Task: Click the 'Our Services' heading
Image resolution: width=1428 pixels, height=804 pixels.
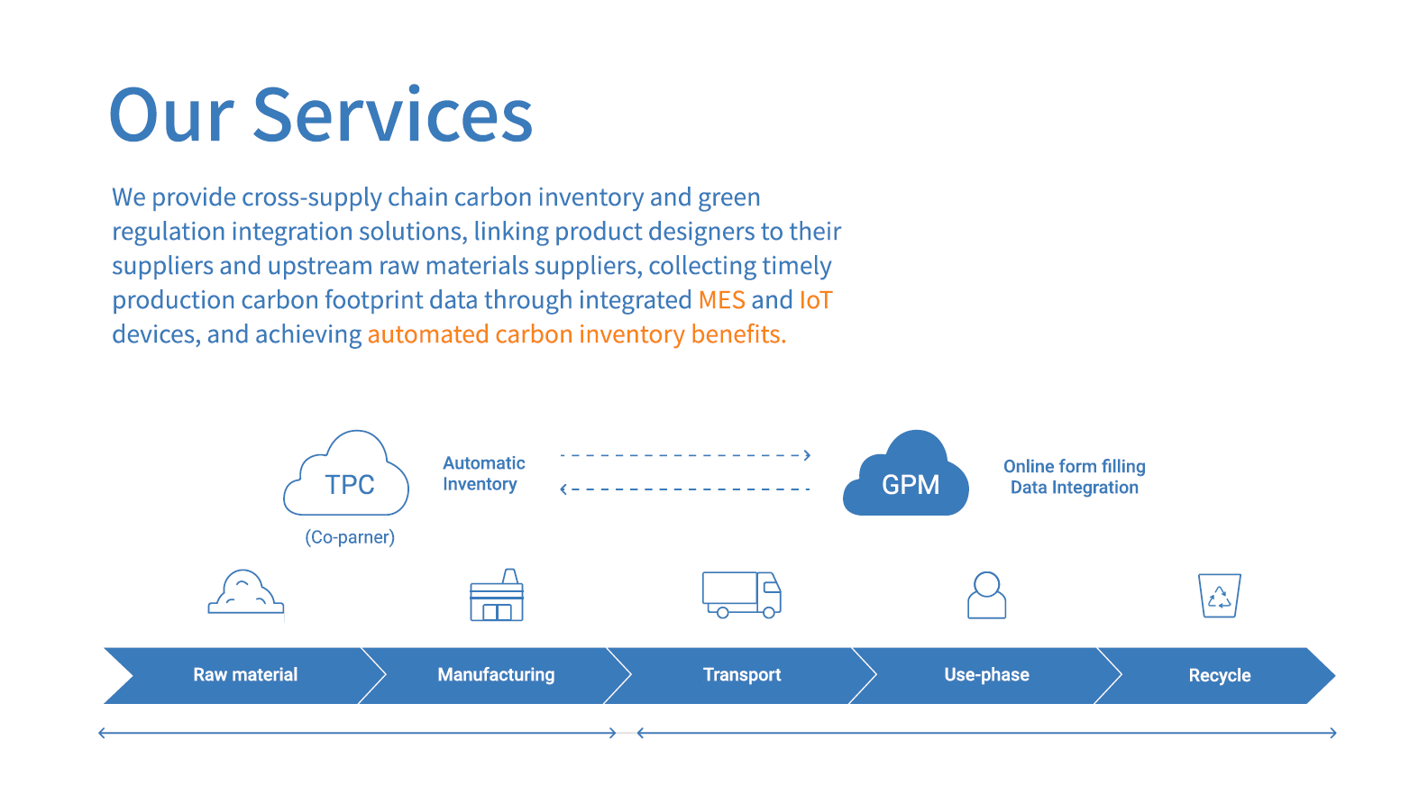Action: point(321,115)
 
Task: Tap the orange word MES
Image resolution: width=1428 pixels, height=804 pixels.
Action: point(721,299)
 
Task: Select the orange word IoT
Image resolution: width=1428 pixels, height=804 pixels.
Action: point(816,299)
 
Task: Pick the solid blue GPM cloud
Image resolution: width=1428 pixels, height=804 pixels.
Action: point(906,473)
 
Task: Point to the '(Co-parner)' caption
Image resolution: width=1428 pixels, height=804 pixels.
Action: point(350,537)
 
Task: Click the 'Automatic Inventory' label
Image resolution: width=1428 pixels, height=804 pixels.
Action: point(484,474)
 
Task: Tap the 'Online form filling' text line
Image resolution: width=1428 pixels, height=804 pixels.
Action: point(1075,466)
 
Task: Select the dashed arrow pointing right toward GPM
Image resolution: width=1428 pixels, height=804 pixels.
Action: point(685,455)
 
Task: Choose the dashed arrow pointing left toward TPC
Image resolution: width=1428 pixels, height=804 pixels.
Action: point(685,489)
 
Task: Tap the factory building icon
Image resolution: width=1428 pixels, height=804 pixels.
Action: point(497,612)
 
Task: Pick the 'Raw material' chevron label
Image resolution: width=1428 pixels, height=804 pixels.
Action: point(245,674)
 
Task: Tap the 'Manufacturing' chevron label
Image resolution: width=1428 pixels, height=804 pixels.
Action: point(496,674)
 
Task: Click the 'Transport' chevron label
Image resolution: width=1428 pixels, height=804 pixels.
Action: point(742,674)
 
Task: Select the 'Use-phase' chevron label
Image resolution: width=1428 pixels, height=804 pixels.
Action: point(987,674)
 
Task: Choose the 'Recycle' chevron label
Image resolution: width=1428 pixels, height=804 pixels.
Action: point(1220,675)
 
